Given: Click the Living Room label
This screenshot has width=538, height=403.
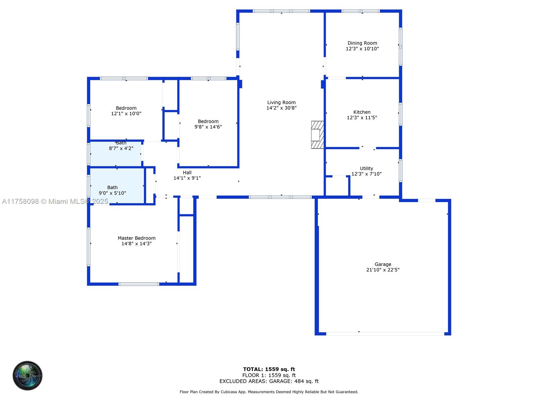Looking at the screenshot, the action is click(281, 102).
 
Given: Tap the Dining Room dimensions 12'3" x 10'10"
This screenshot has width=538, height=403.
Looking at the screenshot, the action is click(362, 49).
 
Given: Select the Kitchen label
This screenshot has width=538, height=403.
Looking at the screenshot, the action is click(362, 112).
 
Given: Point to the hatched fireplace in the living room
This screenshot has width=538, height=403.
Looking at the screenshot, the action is click(317, 135).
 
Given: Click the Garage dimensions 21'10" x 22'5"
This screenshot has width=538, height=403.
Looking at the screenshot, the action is click(383, 270).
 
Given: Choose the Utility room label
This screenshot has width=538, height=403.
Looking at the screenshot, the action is click(367, 168).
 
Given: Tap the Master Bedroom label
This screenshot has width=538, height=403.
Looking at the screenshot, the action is click(136, 238).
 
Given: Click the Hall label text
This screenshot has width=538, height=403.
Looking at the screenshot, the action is click(187, 173).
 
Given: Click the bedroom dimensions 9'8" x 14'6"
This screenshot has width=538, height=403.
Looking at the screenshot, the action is click(208, 127).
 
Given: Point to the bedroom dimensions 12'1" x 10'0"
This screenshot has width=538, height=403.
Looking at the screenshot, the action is click(126, 114).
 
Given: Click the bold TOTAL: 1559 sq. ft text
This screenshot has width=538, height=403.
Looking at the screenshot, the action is click(269, 369).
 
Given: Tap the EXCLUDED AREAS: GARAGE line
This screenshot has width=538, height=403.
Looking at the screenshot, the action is click(269, 381).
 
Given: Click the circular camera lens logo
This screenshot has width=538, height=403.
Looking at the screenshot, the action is click(28, 375).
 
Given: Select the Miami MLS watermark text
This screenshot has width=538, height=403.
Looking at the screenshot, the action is click(55, 201).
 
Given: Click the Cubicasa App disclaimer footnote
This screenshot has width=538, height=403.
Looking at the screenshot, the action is click(269, 392).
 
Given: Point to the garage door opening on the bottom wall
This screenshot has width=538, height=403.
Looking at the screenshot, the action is click(385, 334).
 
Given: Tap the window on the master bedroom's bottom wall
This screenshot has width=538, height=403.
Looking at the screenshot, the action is click(139, 284).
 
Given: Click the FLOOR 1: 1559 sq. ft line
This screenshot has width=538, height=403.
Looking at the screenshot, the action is click(269, 375).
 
